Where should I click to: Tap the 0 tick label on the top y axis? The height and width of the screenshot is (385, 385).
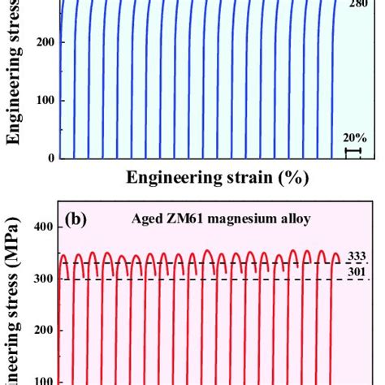[50, 158]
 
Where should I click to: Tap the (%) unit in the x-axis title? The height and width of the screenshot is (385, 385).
[302, 177]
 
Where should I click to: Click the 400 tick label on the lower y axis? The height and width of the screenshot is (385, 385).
[43, 227]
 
